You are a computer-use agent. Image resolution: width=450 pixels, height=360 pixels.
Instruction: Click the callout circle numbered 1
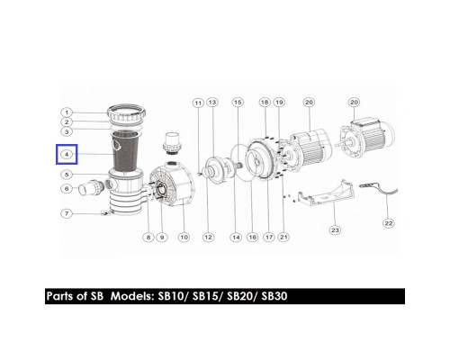click(x=67, y=112)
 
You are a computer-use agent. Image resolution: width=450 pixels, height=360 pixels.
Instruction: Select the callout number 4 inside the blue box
click(x=67, y=155)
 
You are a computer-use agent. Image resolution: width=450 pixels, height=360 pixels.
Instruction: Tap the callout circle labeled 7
click(x=67, y=213)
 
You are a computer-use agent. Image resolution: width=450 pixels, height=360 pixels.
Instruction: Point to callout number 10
click(x=184, y=238)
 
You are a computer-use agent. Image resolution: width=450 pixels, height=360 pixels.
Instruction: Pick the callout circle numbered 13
click(x=212, y=103)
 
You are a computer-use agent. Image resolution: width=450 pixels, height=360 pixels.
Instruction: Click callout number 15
click(x=238, y=103)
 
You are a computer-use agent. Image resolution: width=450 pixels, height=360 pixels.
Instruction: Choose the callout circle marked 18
click(x=265, y=103)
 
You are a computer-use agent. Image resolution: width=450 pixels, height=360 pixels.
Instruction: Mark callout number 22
click(x=389, y=223)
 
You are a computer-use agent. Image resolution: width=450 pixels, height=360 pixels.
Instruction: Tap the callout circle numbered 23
click(x=335, y=230)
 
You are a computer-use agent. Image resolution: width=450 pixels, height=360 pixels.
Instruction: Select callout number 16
click(x=252, y=238)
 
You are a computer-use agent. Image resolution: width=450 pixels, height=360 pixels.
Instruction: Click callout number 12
click(x=208, y=238)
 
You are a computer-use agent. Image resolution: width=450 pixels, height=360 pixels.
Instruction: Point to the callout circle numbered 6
click(x=67, y=189)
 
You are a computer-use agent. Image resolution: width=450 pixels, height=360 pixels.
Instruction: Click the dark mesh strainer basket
click(x=125, y=152)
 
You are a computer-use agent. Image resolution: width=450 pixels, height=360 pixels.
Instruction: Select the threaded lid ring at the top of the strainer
click(x=127, y=114)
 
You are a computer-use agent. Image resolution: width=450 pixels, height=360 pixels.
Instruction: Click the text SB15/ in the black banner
click(x=206, y=296)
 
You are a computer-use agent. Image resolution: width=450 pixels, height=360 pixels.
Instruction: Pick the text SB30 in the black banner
click(x=274, y=296)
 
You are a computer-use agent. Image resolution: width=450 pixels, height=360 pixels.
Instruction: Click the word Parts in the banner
click(x=59, y=296)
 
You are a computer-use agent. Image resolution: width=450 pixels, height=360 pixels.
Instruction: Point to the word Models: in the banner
click(x=132, y=296)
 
